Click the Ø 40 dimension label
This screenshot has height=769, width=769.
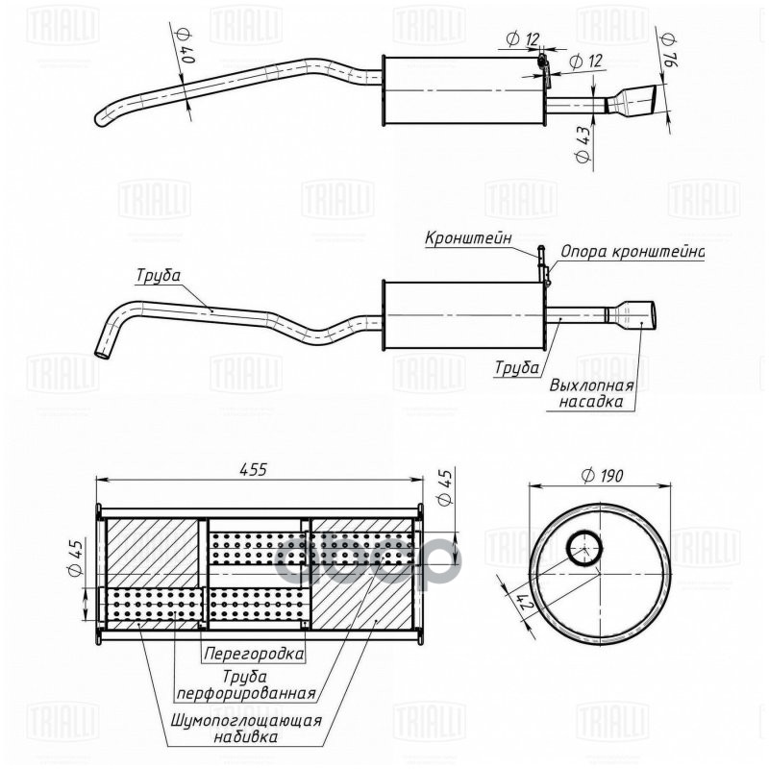(x=185, y=46)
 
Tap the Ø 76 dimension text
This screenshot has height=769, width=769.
(x=670, y=48)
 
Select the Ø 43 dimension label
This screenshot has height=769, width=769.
(x=583, y=146)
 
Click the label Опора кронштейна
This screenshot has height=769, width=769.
(x=633, y=252)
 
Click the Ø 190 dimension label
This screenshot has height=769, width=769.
(x=603, y=475)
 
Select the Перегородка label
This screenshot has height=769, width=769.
(x=254, y=654)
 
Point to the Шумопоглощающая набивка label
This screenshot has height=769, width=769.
(x=247, y=729)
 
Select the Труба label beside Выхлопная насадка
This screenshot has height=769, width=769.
(x=517, y=366)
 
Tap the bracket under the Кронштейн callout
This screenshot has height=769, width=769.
(x=544, y=266)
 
